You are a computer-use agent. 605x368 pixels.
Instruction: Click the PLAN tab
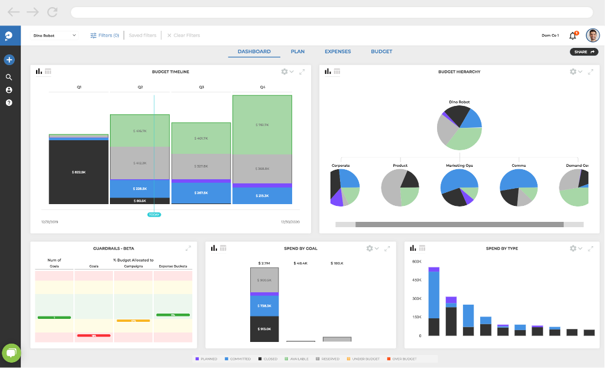297,51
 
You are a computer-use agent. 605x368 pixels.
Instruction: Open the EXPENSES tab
338,51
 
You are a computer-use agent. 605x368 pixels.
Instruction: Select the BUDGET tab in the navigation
381,51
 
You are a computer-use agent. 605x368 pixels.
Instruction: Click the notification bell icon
572,35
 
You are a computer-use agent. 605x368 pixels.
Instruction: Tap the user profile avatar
592,35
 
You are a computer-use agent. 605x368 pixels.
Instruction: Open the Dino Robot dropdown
54,35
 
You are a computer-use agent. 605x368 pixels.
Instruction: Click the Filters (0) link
105,35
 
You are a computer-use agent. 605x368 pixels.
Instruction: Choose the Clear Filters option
183,35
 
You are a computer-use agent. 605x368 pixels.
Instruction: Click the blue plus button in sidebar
9,60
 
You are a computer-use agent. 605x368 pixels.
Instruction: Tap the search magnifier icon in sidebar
9,77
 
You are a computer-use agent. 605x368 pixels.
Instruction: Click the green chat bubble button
11,353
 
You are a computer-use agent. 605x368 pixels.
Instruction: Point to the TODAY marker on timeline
154,214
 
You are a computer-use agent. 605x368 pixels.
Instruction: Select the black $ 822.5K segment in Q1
79,172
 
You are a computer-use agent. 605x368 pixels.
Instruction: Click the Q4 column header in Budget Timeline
263,87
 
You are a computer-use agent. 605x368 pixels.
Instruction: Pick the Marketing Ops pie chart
459,188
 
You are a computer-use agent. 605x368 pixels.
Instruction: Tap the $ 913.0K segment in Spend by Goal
264,328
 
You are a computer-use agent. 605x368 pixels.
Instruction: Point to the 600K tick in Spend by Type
416,262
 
